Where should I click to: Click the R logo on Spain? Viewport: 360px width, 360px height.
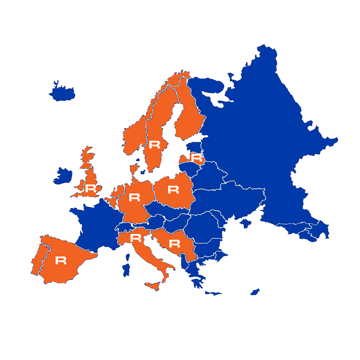coord(61,261)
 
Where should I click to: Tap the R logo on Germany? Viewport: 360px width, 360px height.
coord(135,198)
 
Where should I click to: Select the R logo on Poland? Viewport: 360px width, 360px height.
coord(173,190)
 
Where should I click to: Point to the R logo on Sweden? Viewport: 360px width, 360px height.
coord(155,144)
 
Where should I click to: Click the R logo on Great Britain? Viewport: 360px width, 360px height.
coord(91,189)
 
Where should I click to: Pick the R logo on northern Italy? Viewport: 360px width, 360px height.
coord(135,238)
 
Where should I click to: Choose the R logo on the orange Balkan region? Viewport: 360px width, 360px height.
coord(175,244)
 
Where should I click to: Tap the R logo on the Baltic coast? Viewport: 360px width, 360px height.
coord(197,158)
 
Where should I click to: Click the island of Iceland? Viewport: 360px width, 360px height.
coord(63,93)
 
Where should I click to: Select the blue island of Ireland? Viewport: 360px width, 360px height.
coord(63,175)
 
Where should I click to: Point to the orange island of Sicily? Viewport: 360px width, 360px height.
coord(152,286)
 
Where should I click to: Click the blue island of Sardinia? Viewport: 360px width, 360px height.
coord(126,269)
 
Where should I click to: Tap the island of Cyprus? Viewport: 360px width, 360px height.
coord(255,292)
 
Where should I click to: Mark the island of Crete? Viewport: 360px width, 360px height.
coord(213,293)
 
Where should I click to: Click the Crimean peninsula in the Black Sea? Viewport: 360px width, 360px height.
coord(245,223)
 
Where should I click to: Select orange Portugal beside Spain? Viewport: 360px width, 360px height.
coord(38,260)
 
